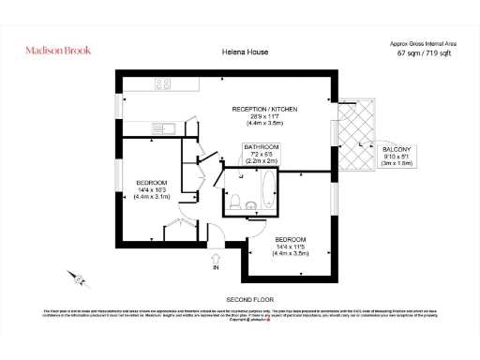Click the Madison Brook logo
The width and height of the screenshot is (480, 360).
(57, 50)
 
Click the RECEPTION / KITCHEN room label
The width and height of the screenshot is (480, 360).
(264, 110)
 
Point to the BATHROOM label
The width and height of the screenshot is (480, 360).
(262, 147)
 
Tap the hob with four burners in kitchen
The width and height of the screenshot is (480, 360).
(161, 83)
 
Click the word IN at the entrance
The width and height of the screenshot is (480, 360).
(217, 267)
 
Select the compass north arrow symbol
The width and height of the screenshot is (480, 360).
(79, 278)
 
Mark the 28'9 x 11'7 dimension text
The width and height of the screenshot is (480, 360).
(264, 116)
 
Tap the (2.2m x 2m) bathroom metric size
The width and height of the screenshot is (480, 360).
(262, 161)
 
